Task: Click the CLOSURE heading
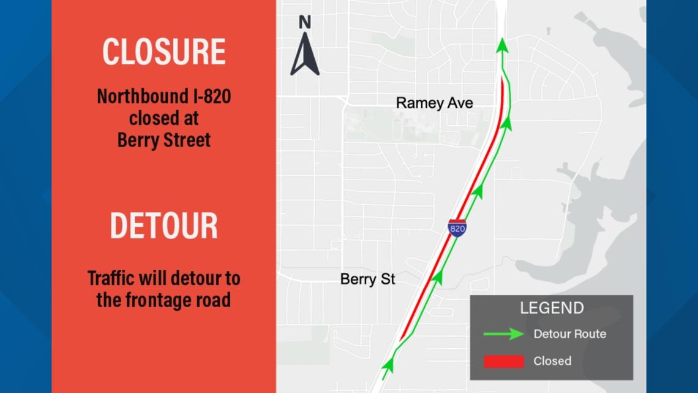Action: click(x=163, y=52)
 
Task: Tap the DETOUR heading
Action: click(x=163, y=226)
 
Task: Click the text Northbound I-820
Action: click(x=163, y=97)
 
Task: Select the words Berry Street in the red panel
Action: click(x=163, y=140)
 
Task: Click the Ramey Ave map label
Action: click(x=434, y=102)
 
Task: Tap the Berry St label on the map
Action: click(x=367, y=280)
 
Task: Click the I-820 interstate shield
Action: click(x=457, y=228)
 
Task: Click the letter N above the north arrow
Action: click(x=304, y=23)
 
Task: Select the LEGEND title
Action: click(x=551, y=308)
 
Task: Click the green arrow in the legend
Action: click(x=503, y=334)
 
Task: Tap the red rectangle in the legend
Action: click(x=503, y=361)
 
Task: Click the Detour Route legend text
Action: click(x=569, y=334)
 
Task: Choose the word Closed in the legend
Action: click(x=552, y=361)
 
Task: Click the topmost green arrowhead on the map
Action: click(x=502, y=45)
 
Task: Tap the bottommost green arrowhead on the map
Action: click(x=388, y=365)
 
